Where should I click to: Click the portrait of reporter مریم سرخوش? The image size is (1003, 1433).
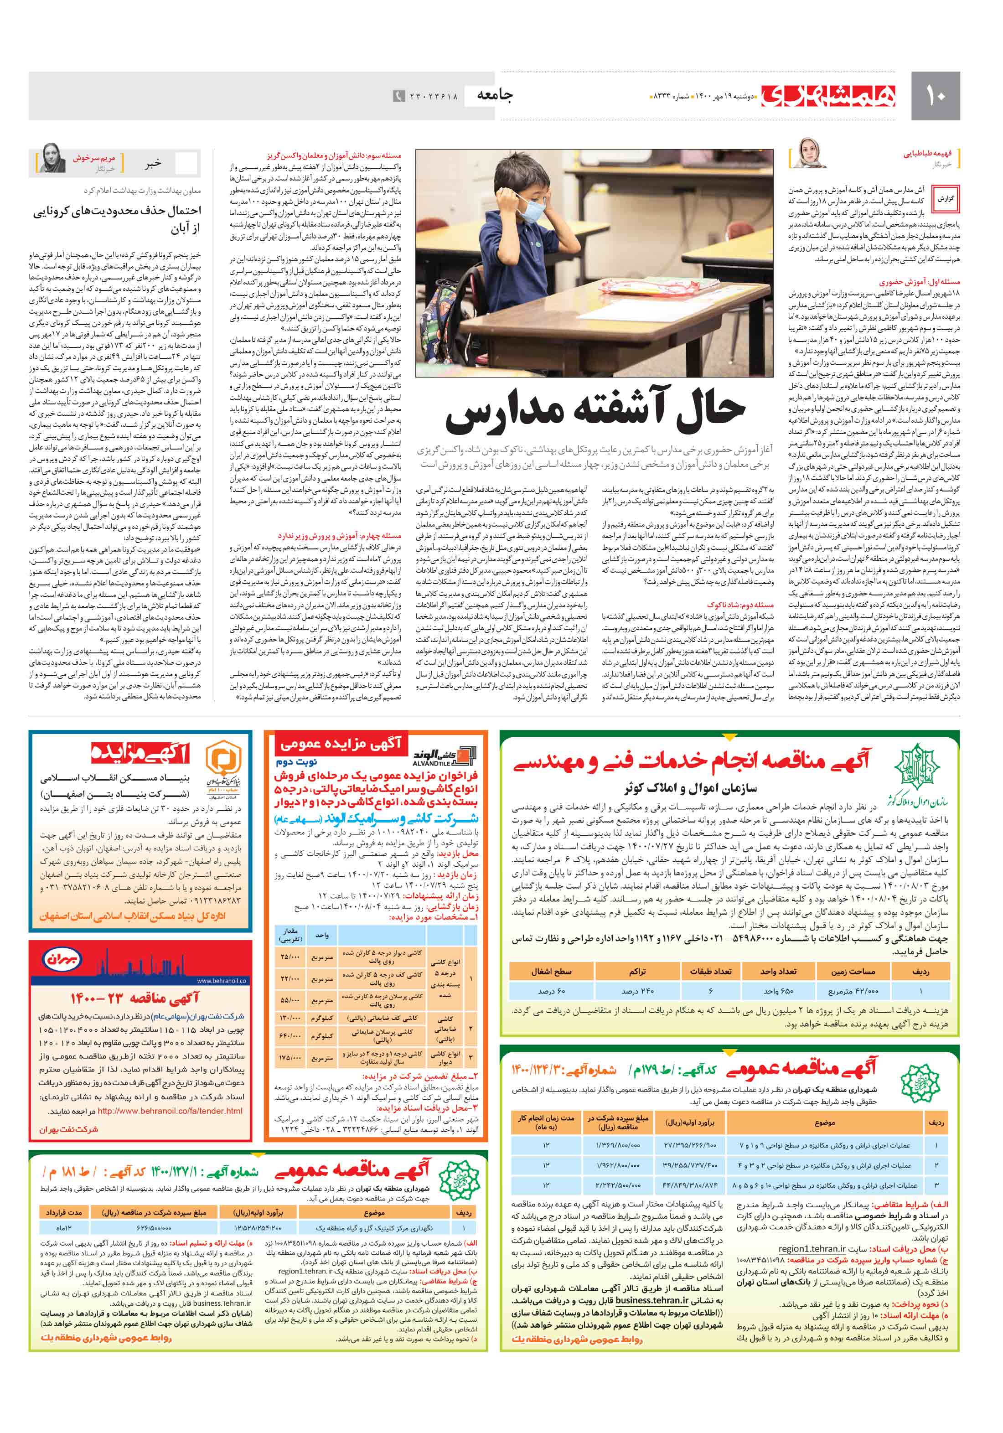50,159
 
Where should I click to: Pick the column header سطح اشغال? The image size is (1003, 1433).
551,971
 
